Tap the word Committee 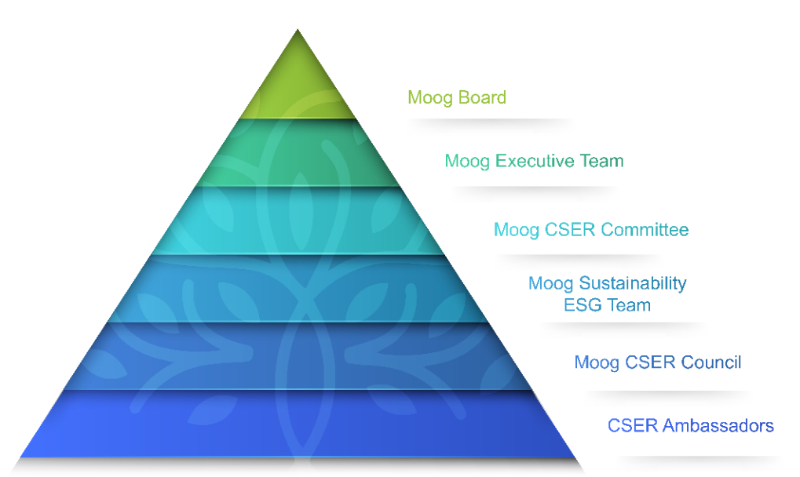645,229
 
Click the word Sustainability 633,283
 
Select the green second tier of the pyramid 298,153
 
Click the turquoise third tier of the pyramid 298,220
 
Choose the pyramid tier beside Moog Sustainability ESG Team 298,289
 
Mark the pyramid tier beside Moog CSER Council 298,356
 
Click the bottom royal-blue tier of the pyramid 298,424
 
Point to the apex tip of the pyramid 298,30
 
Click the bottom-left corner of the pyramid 20,457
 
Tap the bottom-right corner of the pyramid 576,457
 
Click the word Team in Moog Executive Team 601,161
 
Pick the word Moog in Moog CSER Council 597,362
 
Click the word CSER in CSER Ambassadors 633,425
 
